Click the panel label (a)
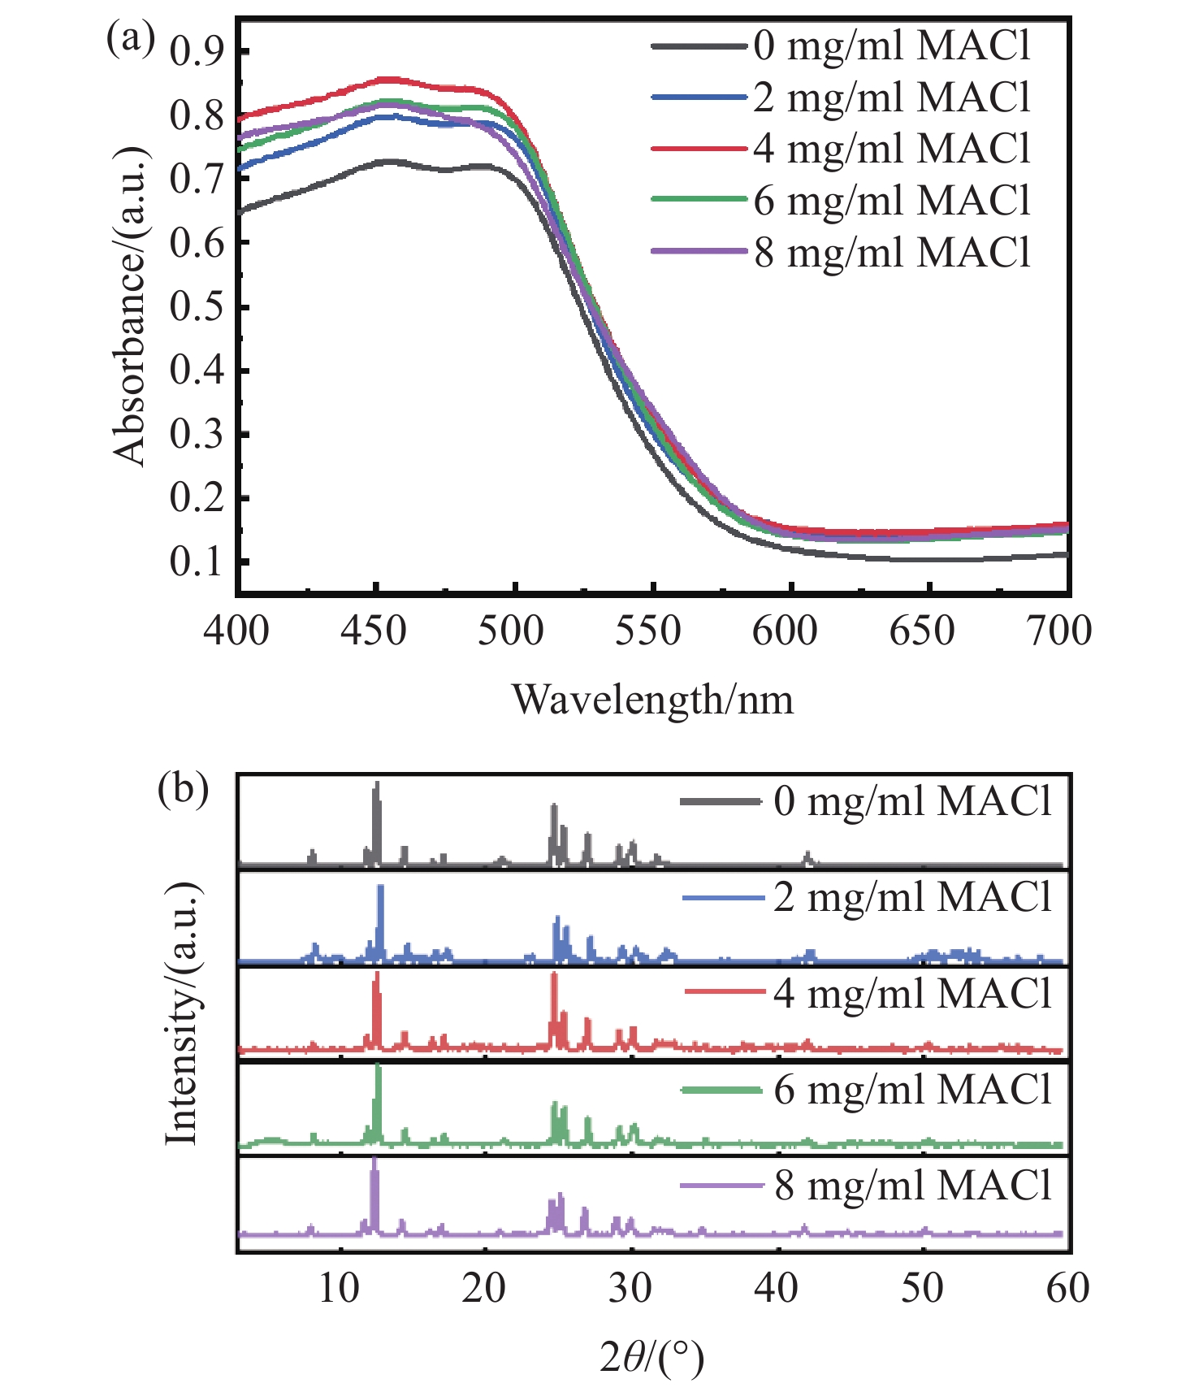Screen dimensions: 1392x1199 [130, 39]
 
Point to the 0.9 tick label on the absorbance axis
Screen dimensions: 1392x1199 [197, 52]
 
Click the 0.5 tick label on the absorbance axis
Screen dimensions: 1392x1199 [197, 307]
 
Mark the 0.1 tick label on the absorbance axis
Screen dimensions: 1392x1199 [197, 562]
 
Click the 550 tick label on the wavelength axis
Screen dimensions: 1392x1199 [647, 631]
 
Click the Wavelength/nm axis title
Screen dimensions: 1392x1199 [652, 700]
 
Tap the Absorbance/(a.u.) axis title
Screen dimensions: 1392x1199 [130, 306]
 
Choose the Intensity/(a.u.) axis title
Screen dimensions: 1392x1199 [182, 1012]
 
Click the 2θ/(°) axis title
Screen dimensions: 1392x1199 [652, 1358]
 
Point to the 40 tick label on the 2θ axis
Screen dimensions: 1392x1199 [777, 1288]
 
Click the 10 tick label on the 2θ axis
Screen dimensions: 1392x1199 [339, 1288]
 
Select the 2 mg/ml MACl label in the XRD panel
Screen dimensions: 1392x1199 [912, 897]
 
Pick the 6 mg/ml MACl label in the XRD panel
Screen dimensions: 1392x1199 [912, 1089]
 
